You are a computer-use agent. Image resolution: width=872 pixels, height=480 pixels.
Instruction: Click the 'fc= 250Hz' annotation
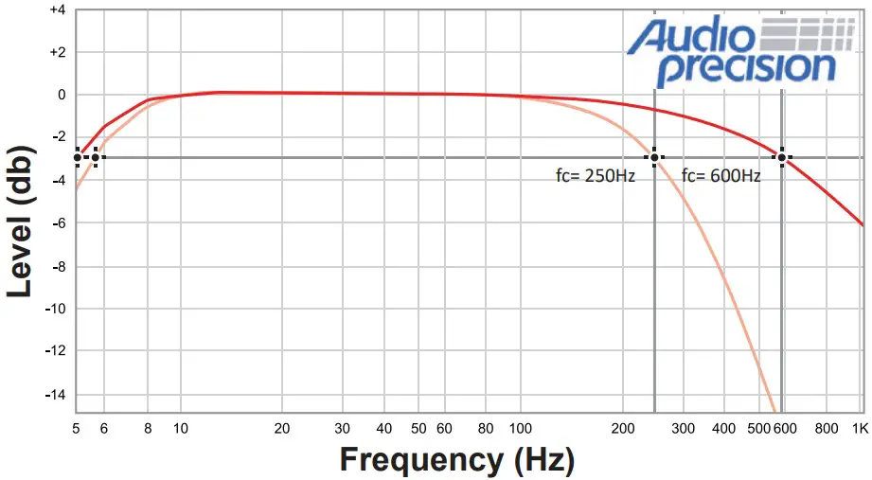point(595,175)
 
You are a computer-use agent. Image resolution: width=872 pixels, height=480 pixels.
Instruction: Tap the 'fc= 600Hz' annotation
point(721,175)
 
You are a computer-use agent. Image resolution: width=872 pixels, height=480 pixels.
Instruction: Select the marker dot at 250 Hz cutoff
point(653,157)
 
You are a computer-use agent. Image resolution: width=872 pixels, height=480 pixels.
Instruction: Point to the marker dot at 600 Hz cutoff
point(782,157)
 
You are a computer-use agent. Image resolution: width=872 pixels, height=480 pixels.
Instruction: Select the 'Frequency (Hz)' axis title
point(457,459)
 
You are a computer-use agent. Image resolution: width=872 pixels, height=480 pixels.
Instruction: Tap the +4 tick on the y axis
point(57,10)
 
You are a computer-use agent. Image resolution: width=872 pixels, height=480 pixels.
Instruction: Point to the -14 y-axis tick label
point(55,394)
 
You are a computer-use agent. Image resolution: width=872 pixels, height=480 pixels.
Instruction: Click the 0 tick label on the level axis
point(61,95)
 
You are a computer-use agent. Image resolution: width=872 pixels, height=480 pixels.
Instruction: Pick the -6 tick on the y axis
point(58,222)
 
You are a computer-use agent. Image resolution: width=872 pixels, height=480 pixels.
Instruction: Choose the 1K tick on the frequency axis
point(860,428)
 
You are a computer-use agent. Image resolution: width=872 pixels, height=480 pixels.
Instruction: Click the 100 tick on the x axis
point(520,428)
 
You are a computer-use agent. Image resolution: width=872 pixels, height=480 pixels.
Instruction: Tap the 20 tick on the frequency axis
point(281,428)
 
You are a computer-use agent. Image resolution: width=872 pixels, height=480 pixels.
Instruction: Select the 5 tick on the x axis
point(76,428)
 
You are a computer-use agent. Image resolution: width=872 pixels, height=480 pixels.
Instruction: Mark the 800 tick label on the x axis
point(826,428)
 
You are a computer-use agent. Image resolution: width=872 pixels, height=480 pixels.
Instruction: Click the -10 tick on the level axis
point(55,309)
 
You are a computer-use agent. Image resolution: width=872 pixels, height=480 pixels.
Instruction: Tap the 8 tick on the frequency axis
point(148,428)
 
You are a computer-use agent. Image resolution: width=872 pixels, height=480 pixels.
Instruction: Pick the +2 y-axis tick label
point(57,52)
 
